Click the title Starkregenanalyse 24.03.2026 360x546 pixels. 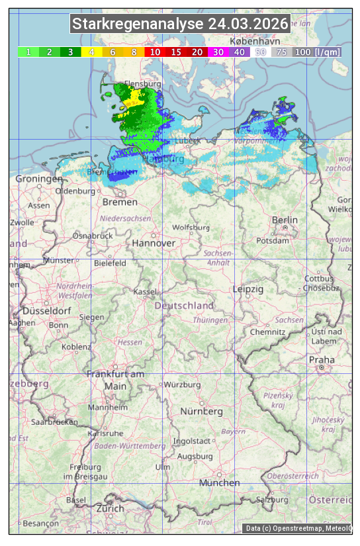[x=180, y=24]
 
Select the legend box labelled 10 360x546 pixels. [x=155, y=52]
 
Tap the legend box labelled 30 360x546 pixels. [x=218, y=52]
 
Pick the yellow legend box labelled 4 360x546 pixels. [x=92, y=52]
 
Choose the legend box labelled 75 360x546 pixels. [x=282, y=52]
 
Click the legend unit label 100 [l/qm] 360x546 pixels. [x=318, y=52]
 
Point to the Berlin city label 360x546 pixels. [x=285, y=220]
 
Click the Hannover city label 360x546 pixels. [x=154, y=243]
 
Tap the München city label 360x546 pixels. [x=219, y=483]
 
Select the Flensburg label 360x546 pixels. [x=143, y=85]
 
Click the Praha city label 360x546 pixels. [x=322, y=359]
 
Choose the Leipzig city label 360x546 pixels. [x=248, y=289]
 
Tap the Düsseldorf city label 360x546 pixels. [x=46, y=310]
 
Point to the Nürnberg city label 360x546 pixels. [x=202, y=411]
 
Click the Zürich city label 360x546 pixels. [x=110, y=508]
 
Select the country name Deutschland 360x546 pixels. [x=184, y=306]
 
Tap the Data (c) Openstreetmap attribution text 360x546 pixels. [x=298, y=528]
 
